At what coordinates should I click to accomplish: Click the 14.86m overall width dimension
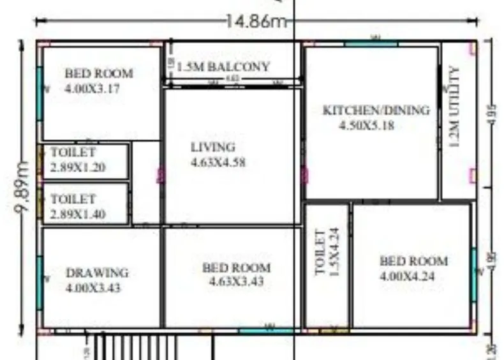point(255,20)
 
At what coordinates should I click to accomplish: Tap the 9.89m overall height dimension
point(23,189)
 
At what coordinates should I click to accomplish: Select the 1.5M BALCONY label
point(223,66)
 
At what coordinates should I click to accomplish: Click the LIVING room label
point(213,147)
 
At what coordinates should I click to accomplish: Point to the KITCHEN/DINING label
point(376,110)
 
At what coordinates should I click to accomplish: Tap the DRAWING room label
point(97,273)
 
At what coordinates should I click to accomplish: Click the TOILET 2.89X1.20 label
point(77,160)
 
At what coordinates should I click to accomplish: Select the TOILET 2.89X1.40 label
point(77,207)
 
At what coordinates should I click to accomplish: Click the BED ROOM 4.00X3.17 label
point(99,80)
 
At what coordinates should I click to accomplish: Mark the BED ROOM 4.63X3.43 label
point(236,274)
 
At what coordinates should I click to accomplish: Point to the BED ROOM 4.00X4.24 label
point(413,268)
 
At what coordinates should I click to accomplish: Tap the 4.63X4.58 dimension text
point(218,162)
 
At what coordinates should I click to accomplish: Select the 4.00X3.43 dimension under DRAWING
point(93,288)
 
